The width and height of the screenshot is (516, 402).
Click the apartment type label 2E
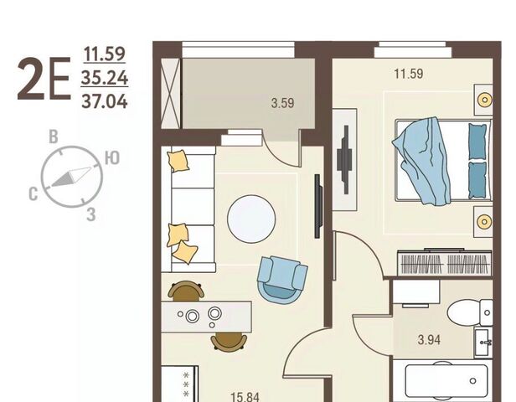[x=44, y=80]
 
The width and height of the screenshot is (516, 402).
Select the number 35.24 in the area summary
[x=105, y=78]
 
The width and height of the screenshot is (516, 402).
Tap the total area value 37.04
[x=105, y=101]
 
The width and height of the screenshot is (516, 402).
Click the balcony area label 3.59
[x=282, y=103]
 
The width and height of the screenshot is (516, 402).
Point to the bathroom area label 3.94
[x=429, y=339]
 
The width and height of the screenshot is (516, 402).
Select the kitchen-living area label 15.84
[x=245, y=397]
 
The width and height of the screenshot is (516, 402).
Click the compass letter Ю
[x=112, y=158]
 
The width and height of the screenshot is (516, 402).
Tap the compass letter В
[x=54, y=137]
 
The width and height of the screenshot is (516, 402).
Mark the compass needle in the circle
[x=71, y=177]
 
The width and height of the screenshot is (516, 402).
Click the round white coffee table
[x=251, y=219]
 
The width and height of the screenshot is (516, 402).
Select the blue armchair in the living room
[x=282, y=278]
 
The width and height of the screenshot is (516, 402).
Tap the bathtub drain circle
[x=473, y=381]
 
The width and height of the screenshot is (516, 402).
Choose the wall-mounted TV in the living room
[x=318, y=206]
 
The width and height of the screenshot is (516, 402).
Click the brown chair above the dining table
[x=186, y=291]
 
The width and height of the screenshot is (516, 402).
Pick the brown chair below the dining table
[x=229, y=342]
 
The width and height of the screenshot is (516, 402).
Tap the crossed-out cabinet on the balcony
[x=171, y=94]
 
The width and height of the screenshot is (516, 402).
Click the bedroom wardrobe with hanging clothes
[x=444, y=262]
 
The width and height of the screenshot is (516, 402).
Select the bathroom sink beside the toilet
[x=483, y=343]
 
